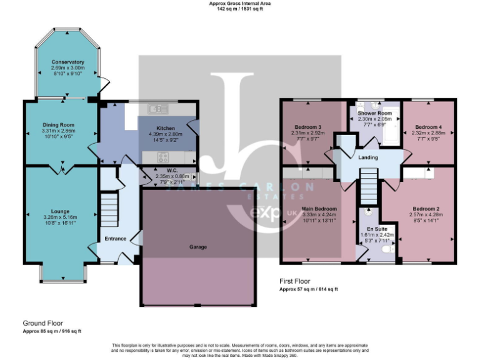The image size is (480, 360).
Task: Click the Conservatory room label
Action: pyautogui.click(x=68, y=62)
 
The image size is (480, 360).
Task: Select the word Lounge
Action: pyautogui.click(x=61, y=211)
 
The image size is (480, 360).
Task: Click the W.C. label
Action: pyautogui.click(x=164, y=170)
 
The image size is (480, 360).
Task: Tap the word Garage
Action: pyautogui.click(x=198, y=247)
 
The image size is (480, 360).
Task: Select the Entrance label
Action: pyautogui.click(x=116, y=238)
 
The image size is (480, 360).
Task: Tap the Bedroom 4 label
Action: pyautogui.click(x=428, y=127)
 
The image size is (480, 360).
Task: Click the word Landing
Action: pyautogui.click(x=367, y=157)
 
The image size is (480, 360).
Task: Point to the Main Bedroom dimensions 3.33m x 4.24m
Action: pyautogui.click(x=319, y=214)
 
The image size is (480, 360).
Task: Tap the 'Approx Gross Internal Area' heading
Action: pyautogui.click(x=240, y=4)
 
